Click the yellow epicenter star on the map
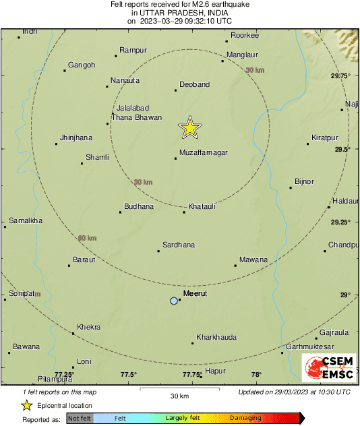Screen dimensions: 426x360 coord(190,127)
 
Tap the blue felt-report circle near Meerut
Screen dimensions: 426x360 coord(174,301)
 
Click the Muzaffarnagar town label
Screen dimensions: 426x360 coord(203,153)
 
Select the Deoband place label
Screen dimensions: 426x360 coord(194,85)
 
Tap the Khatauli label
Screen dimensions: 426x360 coord(202,206)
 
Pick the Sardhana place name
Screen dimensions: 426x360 coord(179,245)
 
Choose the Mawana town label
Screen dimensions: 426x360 coord(253,260)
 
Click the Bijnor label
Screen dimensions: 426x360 coord(305,182)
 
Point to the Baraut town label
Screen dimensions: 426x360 coord(84,259)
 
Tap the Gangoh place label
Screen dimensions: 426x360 coord(82,65)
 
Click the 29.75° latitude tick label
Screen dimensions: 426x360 coord(340,76)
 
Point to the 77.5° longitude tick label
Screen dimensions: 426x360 coord(129,375)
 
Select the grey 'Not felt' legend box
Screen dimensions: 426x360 coord(79,418)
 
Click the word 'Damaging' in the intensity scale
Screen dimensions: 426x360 coord(246,418)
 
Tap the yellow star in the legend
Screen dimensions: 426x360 coord(27,405)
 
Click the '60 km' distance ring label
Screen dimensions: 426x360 coord(87,238)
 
